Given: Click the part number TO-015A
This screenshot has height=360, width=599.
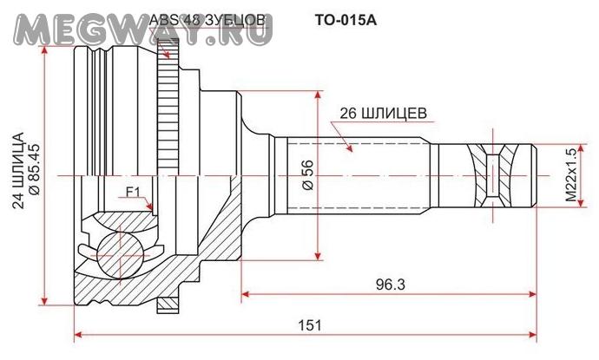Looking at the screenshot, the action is pos(346,20).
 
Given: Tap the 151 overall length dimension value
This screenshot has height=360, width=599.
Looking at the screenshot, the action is pos(310,325).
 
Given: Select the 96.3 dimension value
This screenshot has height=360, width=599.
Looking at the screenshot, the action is pos(390,284).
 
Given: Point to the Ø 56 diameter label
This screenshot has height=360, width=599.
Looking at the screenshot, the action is pos(308,175).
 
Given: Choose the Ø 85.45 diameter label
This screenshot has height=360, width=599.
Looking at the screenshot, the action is pos(34,169).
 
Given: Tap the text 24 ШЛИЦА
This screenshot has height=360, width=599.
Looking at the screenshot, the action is pos(18,170).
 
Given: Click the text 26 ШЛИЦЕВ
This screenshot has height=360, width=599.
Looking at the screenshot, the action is pos(383,114).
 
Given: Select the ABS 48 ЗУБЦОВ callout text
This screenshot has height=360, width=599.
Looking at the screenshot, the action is pos(207,20).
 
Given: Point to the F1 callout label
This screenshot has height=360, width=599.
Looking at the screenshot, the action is pos(134,192).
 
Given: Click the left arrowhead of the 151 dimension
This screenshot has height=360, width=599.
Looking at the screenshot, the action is pos(78,335).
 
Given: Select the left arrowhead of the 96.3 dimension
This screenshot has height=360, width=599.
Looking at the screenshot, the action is pos(246,294).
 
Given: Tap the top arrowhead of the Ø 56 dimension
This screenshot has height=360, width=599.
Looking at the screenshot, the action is pos(318,95).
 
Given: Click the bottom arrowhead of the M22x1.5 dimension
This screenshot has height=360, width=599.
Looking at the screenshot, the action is pos(581,203).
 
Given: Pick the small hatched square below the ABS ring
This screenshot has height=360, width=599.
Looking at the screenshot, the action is pos(168,304).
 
